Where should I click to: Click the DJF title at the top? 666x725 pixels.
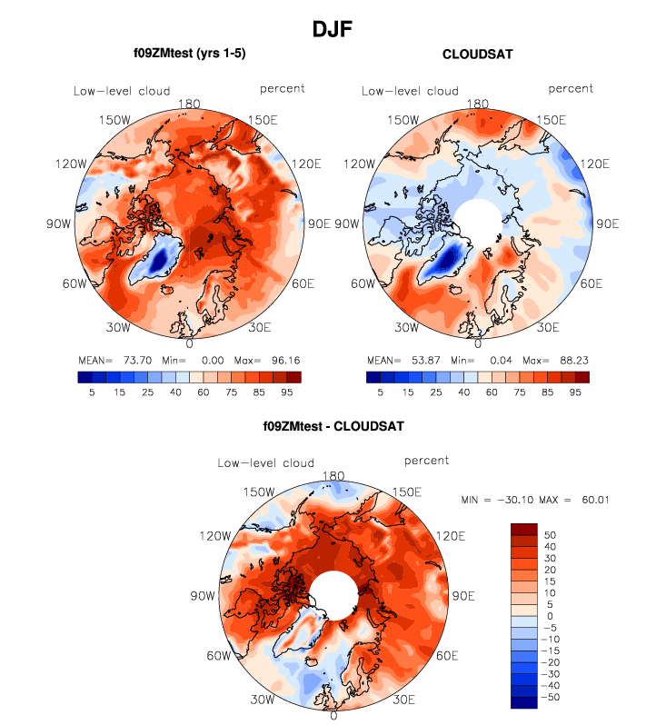coord(332,29)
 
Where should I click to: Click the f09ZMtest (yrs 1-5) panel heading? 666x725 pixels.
coord(189,55)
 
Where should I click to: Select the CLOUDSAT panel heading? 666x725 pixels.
coord(477,55)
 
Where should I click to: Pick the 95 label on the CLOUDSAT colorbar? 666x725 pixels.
coord(575,392)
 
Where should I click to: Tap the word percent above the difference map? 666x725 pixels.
coord(426,462)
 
